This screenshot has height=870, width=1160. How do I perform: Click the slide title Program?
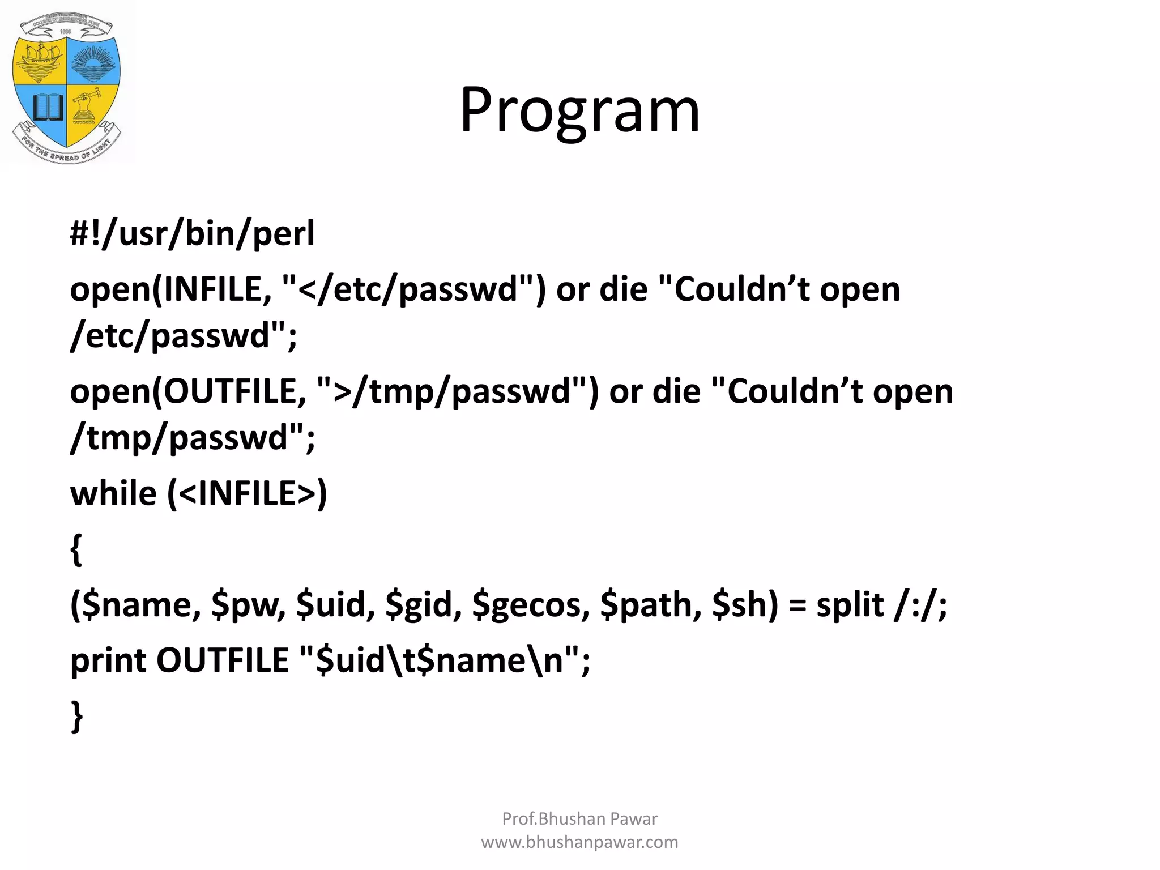579,110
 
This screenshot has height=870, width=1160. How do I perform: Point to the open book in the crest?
47,107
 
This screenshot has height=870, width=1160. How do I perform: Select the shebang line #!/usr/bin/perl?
192,233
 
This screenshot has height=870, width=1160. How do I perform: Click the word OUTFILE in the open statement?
234,391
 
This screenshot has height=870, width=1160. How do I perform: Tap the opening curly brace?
76,549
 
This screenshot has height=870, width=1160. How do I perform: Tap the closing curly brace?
76,717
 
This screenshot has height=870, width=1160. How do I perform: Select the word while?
113,493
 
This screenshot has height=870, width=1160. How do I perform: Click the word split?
850,605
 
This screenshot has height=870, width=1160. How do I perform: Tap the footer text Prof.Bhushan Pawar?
579,818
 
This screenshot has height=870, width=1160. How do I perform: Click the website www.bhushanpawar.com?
579,842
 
